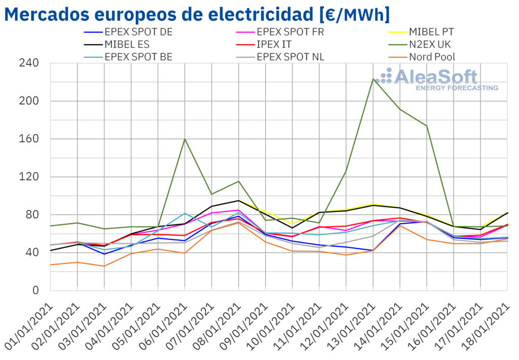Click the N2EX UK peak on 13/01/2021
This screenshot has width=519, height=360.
click(373, 79)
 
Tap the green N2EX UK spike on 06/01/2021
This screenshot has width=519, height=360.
click(185, 139)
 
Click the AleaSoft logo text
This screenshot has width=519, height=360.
click(436, 77)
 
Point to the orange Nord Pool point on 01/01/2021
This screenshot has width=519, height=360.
click(51, 265)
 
